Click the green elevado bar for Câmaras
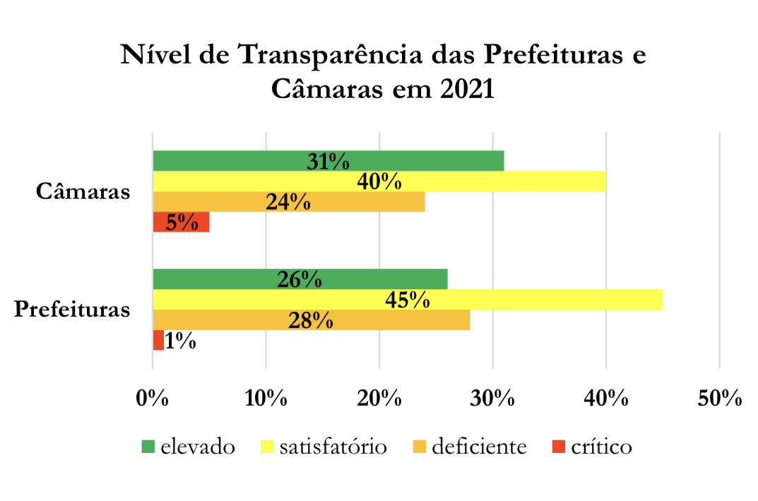point(328,161)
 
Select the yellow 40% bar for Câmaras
point(379,181)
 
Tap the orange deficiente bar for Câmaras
point(289,202)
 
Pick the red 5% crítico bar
point(181,222)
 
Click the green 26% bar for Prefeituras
point(300,279)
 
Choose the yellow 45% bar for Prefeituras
point(408,300)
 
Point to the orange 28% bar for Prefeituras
point(311,320)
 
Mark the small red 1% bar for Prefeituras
point(158,341)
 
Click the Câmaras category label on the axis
point(83,191)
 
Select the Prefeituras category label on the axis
point(73,310)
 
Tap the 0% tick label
point(153,398)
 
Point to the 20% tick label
point(379,398)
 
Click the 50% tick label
point(719,398)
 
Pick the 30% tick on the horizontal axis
point(492,398)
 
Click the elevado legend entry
point(188,447)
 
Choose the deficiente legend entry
point(470,447)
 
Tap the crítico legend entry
point(591,447)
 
